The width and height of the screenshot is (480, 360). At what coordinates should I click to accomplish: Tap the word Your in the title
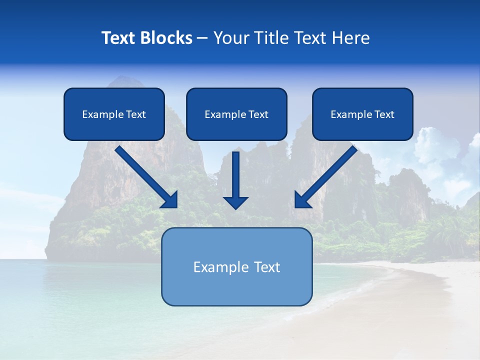point(232,38)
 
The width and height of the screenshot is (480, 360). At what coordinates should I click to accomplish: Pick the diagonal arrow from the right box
point(330,172)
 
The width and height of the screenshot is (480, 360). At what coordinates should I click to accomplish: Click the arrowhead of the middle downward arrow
point(235,202)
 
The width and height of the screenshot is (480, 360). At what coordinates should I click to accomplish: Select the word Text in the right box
point(384,114)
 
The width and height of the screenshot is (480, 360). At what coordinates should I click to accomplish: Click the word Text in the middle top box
point(258,114)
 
